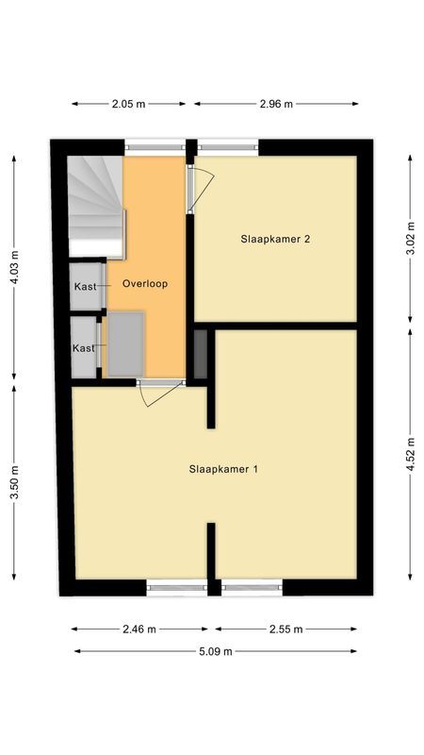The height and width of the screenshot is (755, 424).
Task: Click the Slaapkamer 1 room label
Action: coord(223,468)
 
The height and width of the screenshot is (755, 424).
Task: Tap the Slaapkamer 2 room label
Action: coord(275,239)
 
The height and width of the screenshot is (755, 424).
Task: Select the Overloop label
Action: coord(145,283)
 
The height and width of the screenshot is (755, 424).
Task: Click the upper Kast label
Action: coord(85,287)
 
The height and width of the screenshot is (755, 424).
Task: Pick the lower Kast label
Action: coord(84,348)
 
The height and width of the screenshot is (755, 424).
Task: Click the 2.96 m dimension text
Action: coord(276,104)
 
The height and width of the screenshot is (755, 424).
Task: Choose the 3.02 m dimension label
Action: coord(410,241)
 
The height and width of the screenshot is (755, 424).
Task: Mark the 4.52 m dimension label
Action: coord(410,452)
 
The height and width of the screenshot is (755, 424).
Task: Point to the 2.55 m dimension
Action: coord(285,629)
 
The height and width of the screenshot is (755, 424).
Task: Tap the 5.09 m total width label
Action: coord(215,650)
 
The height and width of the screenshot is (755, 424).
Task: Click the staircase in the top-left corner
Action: coord(96,206)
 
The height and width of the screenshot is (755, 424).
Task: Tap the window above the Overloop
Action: coord(155,146)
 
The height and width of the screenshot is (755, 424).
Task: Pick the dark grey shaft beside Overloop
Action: coord(201,353)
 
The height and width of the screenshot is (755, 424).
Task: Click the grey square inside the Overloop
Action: coord(126,344)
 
